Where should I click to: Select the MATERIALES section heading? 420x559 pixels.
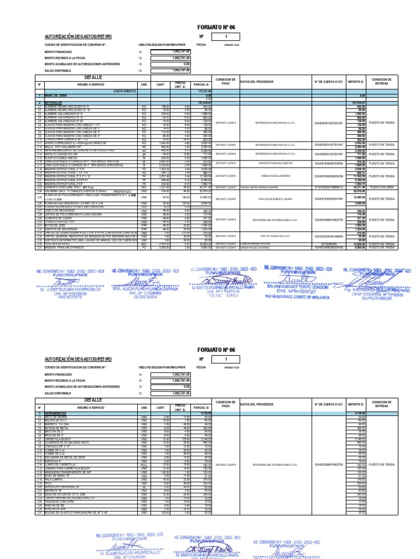(54, 102)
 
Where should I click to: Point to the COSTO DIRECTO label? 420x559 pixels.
(125, 91)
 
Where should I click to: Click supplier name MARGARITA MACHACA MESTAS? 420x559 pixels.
(274, 163)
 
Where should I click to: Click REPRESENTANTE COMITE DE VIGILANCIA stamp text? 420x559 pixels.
(290, 293)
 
